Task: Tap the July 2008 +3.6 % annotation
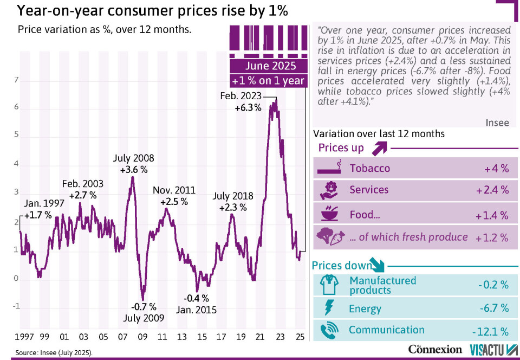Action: [133, 164]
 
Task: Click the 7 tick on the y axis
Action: [16, 80]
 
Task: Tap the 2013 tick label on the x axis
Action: [183, 337]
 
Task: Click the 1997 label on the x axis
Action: [24, 337]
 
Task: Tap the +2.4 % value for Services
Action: [492, 190]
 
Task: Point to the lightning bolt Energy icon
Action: [328, 308]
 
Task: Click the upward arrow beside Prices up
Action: [379, 147]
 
